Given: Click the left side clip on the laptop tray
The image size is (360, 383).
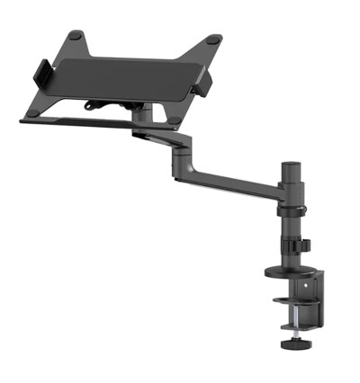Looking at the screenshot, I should [41, 73].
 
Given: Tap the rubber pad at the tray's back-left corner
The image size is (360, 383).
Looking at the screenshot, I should [76, 35].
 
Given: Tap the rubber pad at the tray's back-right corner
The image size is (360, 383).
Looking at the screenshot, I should [213, 40].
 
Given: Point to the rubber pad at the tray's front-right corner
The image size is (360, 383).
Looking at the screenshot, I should [172, 118].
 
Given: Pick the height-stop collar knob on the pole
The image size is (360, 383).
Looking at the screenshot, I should [303, 244].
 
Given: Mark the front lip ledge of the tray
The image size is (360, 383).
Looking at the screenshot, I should [81, 124].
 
